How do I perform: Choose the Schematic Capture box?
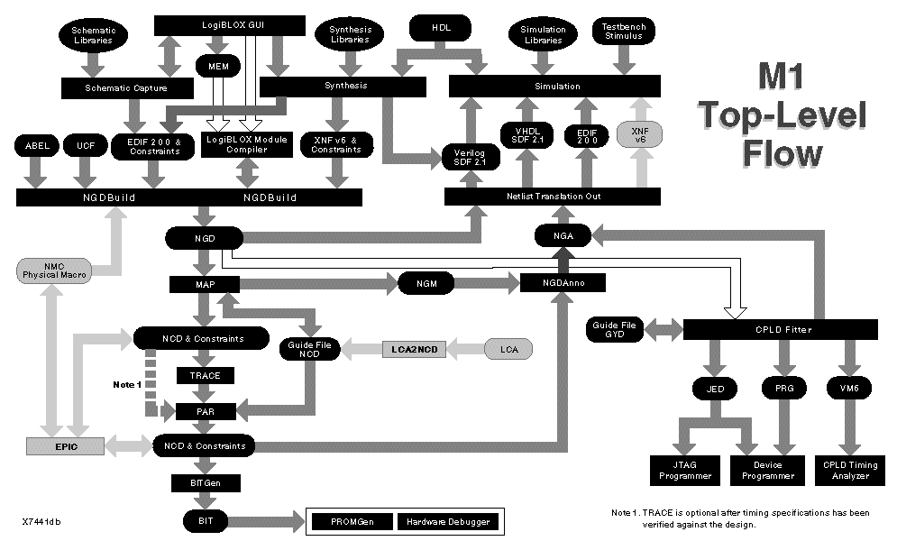(x=126, y=87)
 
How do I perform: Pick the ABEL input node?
(x=36, y=145)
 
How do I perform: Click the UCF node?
(x=85, y=145)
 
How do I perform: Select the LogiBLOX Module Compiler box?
(x=245, y=144)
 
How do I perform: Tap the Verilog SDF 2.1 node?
(x=469, y=156)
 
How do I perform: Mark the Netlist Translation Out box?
(x=552, y=196)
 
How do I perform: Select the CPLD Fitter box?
(x=774, y=329)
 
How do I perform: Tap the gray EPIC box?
(x=65, y=445)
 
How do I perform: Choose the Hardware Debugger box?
(x=446, y=522)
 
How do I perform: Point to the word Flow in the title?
(x=782, y=153)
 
